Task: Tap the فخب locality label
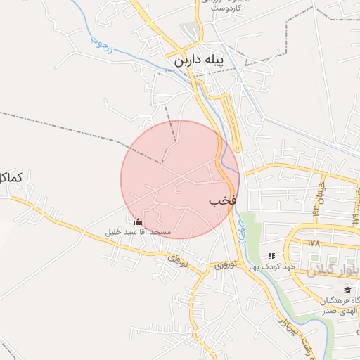click(222, 200)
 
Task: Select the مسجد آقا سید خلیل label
click(138, 231)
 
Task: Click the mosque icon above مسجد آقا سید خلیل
click(137, 221)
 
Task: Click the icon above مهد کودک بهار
click(272, 256)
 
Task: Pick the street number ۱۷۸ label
click(313, 242)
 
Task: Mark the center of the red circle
click(181, 179)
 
